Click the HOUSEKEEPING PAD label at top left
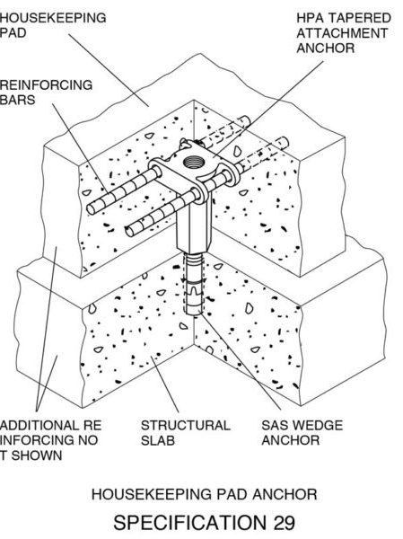[x=53, y=25]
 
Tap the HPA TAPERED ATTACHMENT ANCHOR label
[x=344, y=33]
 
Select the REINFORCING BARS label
[x=46, y=93]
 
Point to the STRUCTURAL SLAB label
[x=185, y=433]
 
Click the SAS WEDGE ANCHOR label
[x=302, y=433]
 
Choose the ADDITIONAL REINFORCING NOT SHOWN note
[x=50, y=440]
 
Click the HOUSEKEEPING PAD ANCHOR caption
[x=204, y=494]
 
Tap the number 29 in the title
[x=284, y=523]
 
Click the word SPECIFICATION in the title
[x=190, y=523]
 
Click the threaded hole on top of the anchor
[x=192, y=161]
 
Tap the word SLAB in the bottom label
[x=158, y=440]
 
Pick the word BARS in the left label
[x=17, y=100]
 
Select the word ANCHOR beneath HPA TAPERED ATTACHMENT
[x=325, y=49]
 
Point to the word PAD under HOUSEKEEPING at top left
[x=13, y=33]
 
